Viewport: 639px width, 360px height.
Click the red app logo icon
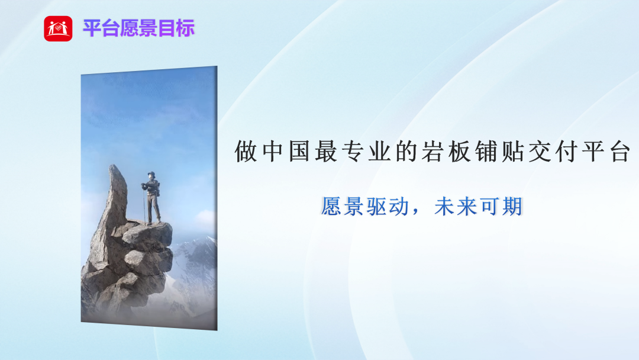(x=58, y=28)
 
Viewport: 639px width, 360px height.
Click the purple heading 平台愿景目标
(x=138, y=28)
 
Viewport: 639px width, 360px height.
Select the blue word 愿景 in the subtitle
(x=343, y=207)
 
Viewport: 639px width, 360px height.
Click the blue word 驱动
(x=385, y=207)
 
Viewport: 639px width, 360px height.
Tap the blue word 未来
(x=456, y=207)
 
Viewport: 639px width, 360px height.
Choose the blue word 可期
(x=502, y=207)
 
